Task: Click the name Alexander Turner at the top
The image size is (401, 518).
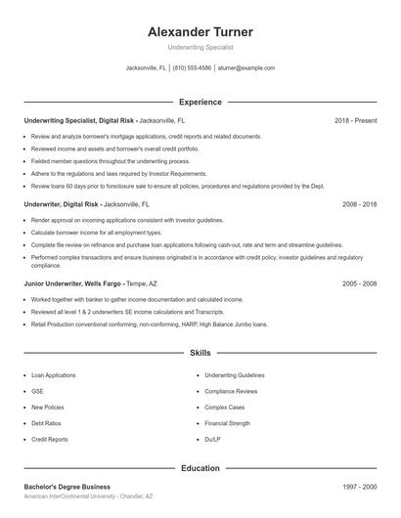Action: [200, 31]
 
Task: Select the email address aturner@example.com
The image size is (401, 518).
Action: [245, 68]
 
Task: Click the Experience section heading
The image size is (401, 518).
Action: [200, 102]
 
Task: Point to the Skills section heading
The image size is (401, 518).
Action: [200, 352]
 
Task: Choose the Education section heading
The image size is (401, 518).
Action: [200, 468]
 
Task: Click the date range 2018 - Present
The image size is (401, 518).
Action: [355, 120]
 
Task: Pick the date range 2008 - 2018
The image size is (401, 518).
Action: [359, 205]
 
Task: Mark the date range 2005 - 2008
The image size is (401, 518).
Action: [359, 283]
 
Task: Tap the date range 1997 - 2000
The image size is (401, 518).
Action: [359, 487]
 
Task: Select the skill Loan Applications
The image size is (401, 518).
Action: [53, 374]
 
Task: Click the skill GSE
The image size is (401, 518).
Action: [37, 391]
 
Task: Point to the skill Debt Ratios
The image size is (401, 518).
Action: [47, 423]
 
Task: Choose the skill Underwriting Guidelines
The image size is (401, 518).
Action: [234, 374]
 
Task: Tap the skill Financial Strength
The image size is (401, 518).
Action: [227, 423]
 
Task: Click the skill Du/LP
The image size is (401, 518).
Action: [213, 440]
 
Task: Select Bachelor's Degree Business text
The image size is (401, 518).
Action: [67, 487]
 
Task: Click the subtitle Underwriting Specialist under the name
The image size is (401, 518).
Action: [200, 47]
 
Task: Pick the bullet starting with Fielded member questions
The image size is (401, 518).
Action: [110, 160]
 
